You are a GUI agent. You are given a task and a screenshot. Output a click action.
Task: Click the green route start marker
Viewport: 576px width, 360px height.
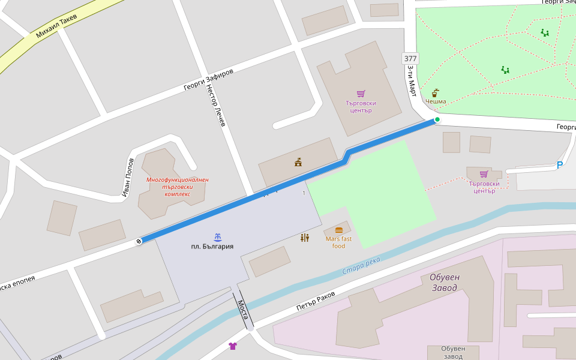437,120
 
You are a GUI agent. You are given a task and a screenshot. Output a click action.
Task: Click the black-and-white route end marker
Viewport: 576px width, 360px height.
139,241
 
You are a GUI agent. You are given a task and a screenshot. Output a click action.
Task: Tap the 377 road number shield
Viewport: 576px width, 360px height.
410,58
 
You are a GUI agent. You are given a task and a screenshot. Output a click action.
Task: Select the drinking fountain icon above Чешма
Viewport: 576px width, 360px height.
436,92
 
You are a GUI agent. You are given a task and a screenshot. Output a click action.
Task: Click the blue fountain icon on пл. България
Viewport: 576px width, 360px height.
217,237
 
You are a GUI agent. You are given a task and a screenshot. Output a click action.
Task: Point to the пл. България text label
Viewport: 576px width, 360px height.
212,247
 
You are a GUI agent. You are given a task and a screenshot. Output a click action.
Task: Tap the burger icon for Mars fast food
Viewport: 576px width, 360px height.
339,230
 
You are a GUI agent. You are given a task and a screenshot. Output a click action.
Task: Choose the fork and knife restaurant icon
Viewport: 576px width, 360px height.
305,238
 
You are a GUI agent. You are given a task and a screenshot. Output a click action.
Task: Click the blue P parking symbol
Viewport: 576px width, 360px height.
559,165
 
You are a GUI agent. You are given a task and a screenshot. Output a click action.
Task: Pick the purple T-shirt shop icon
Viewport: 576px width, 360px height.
233,346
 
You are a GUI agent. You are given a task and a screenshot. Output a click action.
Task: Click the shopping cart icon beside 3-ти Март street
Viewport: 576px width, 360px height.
361,94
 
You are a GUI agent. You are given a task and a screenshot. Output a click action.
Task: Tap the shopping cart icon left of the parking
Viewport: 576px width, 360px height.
484,174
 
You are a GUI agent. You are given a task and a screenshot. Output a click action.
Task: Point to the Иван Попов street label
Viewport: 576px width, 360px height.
128,178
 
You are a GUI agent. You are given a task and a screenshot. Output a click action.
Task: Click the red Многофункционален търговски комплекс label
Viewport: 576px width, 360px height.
177,187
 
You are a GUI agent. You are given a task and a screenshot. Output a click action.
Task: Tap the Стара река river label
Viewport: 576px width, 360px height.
361,266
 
